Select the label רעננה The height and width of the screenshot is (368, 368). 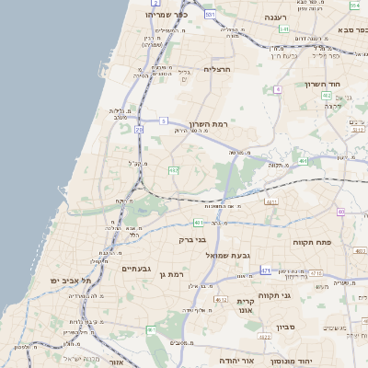275,17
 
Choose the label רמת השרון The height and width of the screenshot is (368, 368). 208,124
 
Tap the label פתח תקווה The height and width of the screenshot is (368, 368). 338,242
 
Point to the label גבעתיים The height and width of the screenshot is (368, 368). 137,268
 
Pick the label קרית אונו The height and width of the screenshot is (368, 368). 245,305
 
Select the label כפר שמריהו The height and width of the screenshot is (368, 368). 168,16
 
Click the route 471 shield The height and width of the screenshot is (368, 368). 265,270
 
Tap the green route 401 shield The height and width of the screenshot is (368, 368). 200,223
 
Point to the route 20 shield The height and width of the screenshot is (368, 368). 139,130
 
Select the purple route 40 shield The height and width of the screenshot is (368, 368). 340,212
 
